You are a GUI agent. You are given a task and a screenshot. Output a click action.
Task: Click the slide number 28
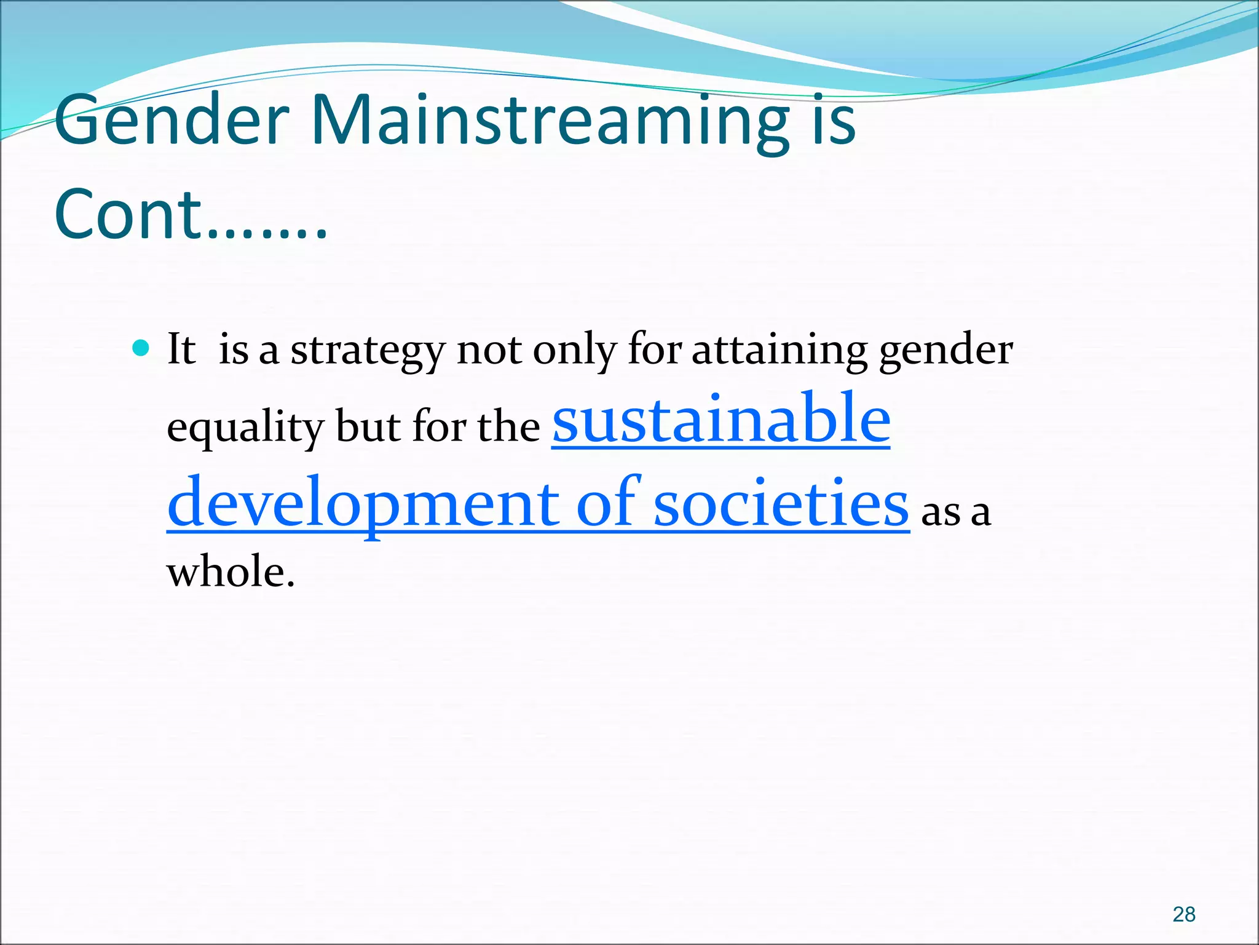tap(1183, 914)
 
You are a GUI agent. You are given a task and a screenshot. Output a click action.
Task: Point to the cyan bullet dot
tap(141, 349)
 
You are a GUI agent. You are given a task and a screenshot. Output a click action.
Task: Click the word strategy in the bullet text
tap(367, 351)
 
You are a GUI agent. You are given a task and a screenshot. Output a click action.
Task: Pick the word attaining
tap(779, 351)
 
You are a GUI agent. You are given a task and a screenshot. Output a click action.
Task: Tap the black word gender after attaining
tap(945, 351)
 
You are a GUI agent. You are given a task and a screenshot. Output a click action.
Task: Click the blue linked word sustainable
tap(720, 420)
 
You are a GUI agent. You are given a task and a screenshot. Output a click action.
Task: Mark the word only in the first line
tap(574, 351)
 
